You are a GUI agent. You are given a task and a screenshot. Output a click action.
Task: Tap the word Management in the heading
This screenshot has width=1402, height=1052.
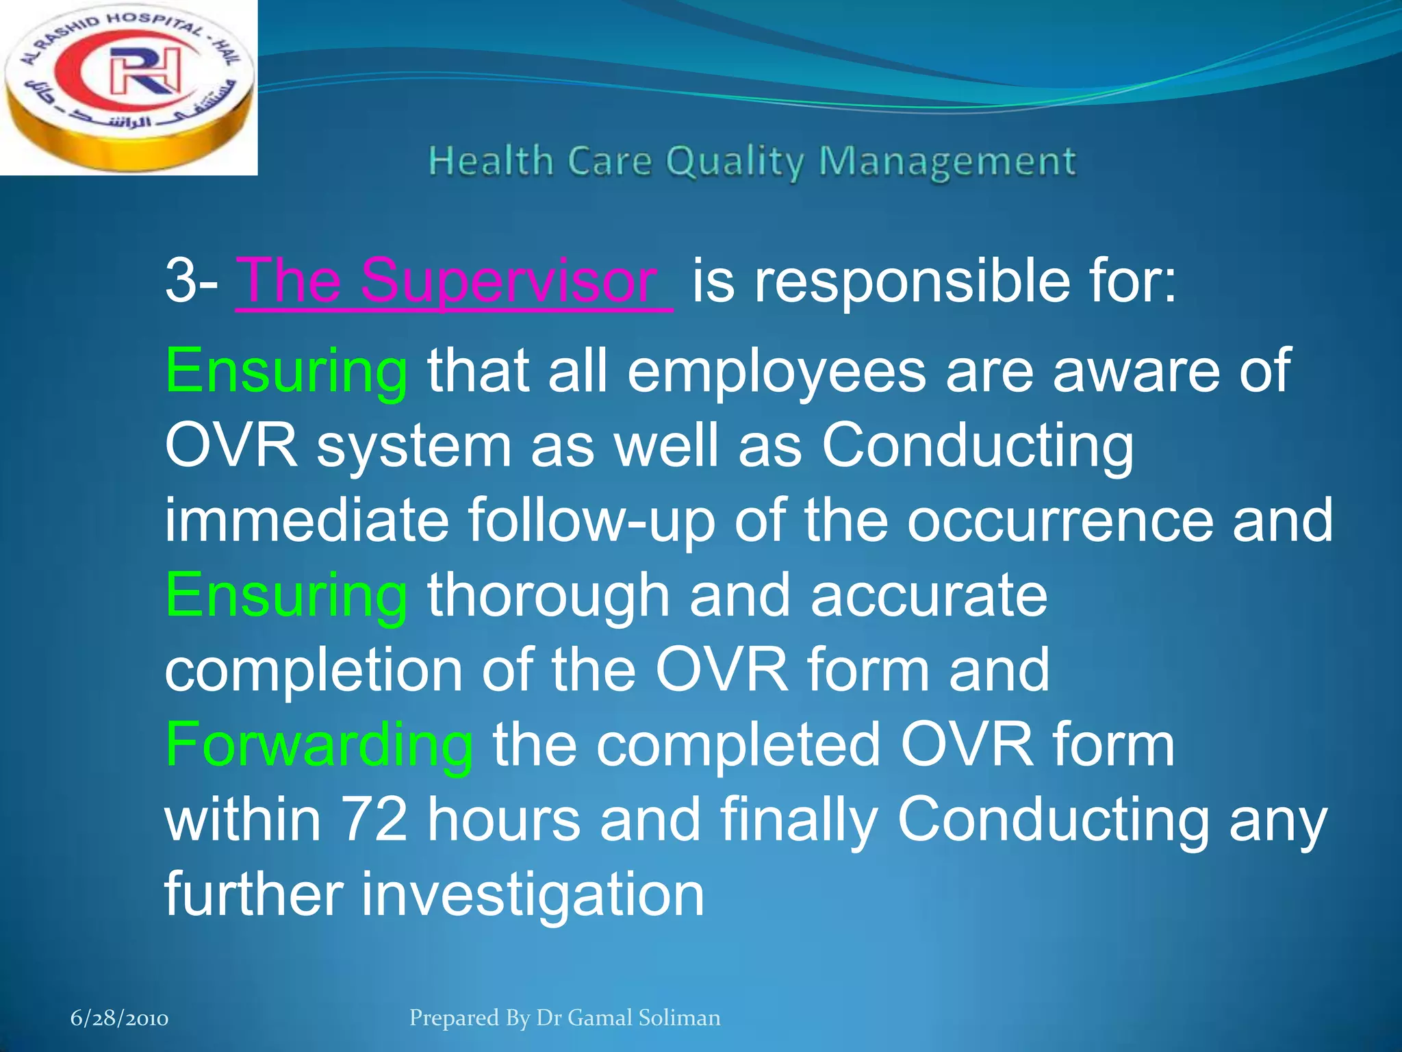pos(947,162)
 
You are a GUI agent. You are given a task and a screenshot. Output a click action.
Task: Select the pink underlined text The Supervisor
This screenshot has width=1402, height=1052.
pos(453,281)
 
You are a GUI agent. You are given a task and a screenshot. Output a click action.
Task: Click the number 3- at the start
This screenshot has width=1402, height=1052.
pos(190,281)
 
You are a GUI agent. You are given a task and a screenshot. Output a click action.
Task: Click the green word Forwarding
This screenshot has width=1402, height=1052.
pos(319,746)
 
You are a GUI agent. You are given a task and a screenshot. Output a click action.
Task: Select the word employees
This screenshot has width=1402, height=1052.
pos(776,371)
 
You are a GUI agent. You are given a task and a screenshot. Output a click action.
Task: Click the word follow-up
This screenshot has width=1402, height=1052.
pos(591,521)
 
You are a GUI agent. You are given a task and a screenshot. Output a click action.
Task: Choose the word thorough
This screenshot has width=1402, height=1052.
pos(548,595)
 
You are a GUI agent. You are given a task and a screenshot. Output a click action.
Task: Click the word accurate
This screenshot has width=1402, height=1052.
pos(929,595)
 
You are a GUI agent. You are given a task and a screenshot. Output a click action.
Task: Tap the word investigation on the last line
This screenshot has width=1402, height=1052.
pos(533,894)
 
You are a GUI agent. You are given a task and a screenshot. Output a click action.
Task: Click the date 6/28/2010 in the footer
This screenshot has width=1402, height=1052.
pos(119,1018)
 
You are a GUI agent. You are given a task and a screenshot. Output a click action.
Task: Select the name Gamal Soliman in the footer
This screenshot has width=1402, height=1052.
pos(644,1018)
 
